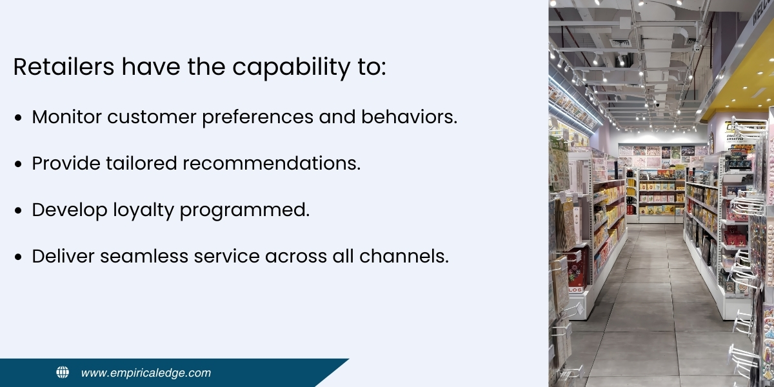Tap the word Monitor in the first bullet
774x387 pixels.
pyautogui.click(x=66, y=117)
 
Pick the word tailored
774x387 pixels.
pyautogui.click(x=145, y=164)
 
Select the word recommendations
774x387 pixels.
pyautogui.click(x=271, y=164)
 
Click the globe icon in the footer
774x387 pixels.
pyautogui.click(x=63, y=372)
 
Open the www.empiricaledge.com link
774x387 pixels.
pyautogui.click(x=146, y=373)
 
